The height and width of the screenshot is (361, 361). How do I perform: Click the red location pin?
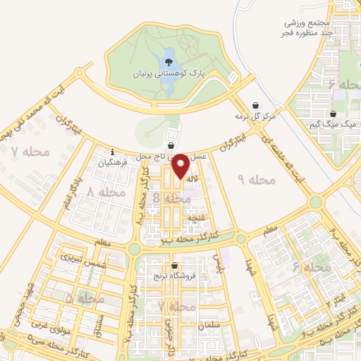181,165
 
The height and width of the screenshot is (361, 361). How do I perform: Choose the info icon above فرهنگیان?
111,151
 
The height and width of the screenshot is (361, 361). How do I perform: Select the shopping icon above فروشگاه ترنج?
174,265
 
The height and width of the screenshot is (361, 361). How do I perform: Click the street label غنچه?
190,219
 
